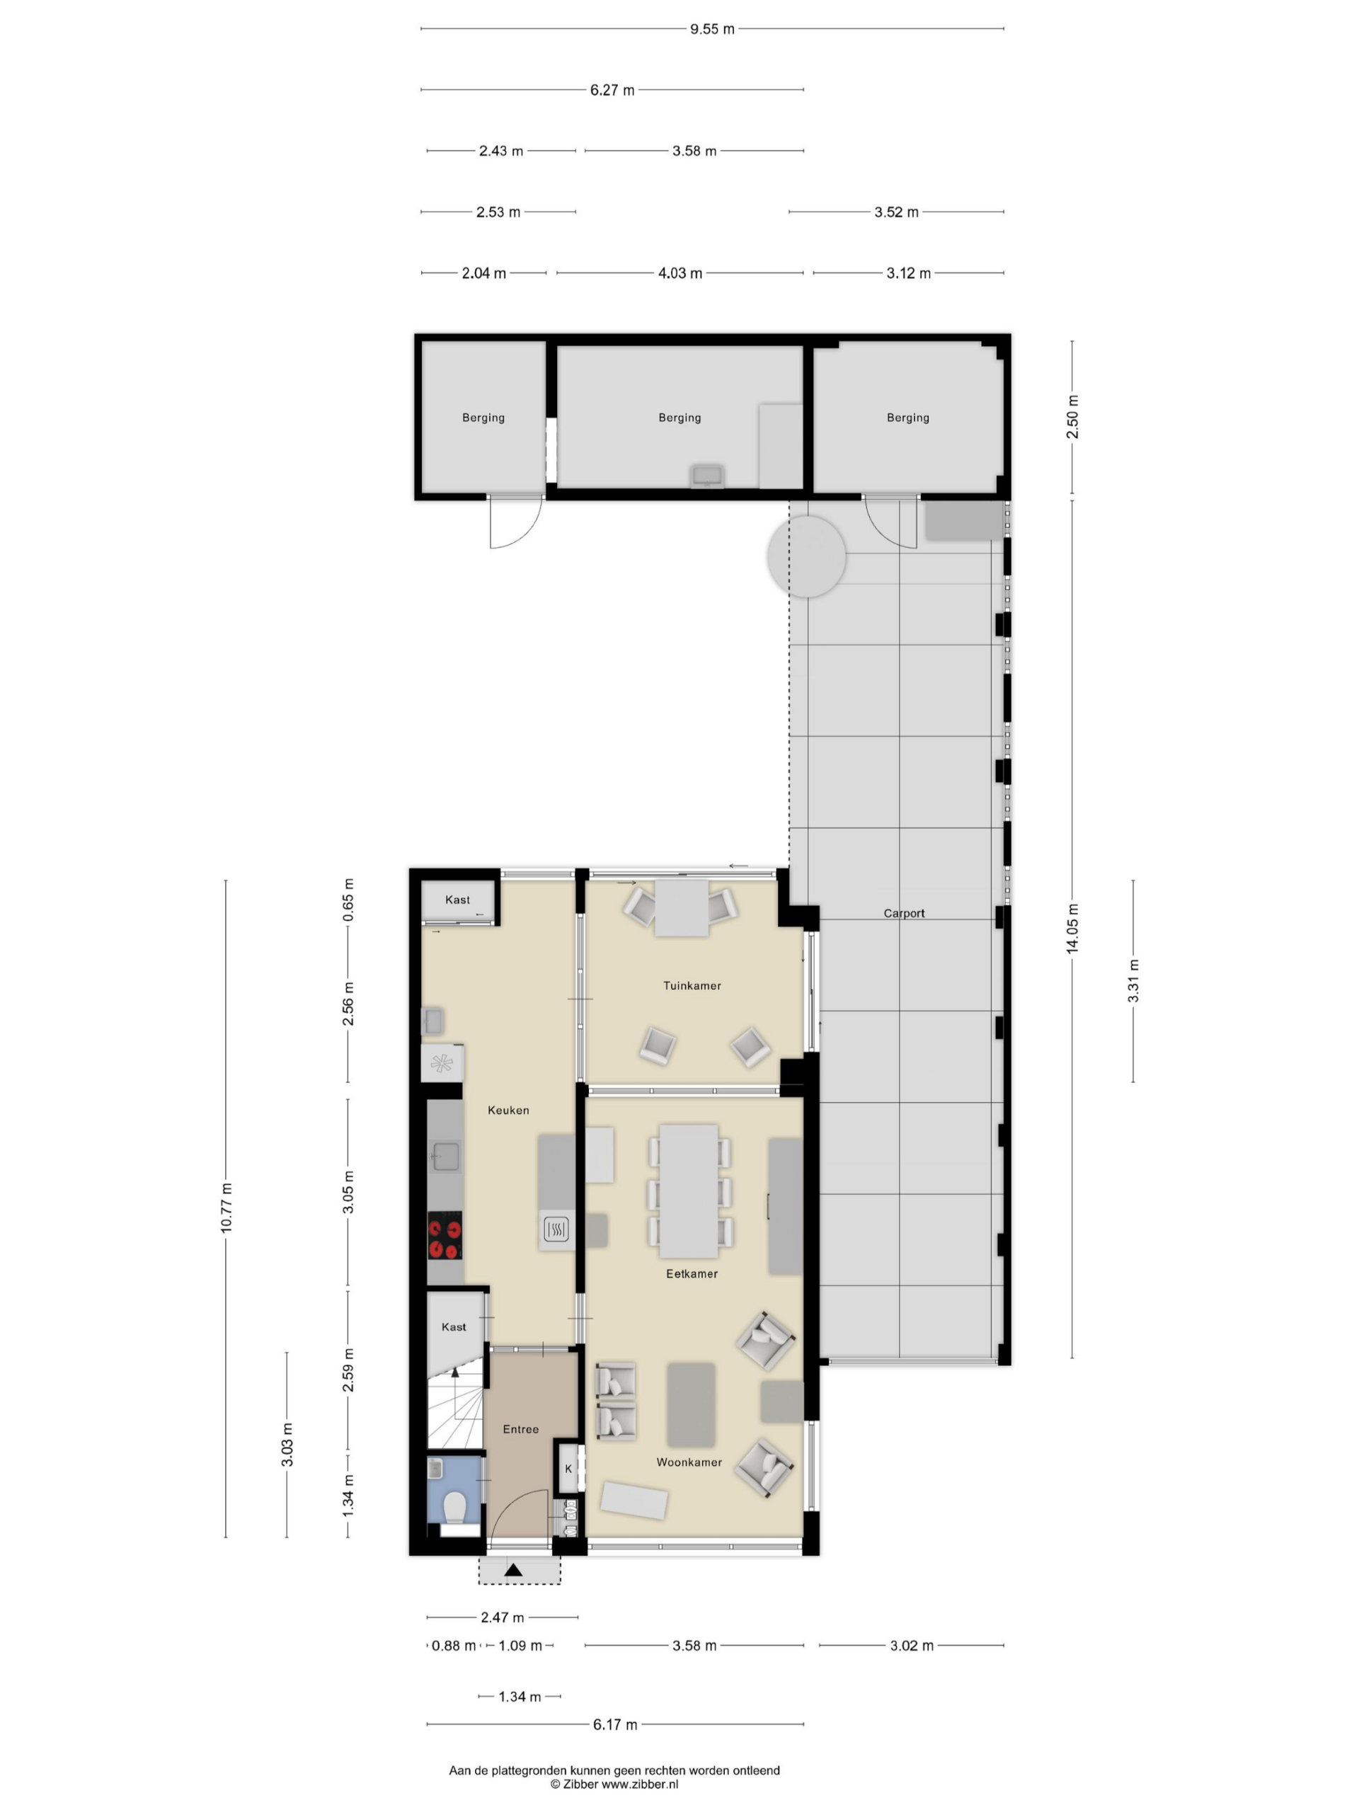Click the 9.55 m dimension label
[711, 30]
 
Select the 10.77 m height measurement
[226, 1208]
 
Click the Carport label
[904, 913]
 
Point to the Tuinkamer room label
[692, 985]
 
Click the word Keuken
[508, 1110]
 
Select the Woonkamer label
[689, 1462]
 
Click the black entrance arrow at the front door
[514, 1569]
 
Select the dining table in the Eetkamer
[689, 1191]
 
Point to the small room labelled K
[568, 1469]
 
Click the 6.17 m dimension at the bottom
[614, 1724]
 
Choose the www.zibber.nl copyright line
[614, 1783]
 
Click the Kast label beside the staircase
[454, 1327]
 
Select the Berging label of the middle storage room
[680, 418]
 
